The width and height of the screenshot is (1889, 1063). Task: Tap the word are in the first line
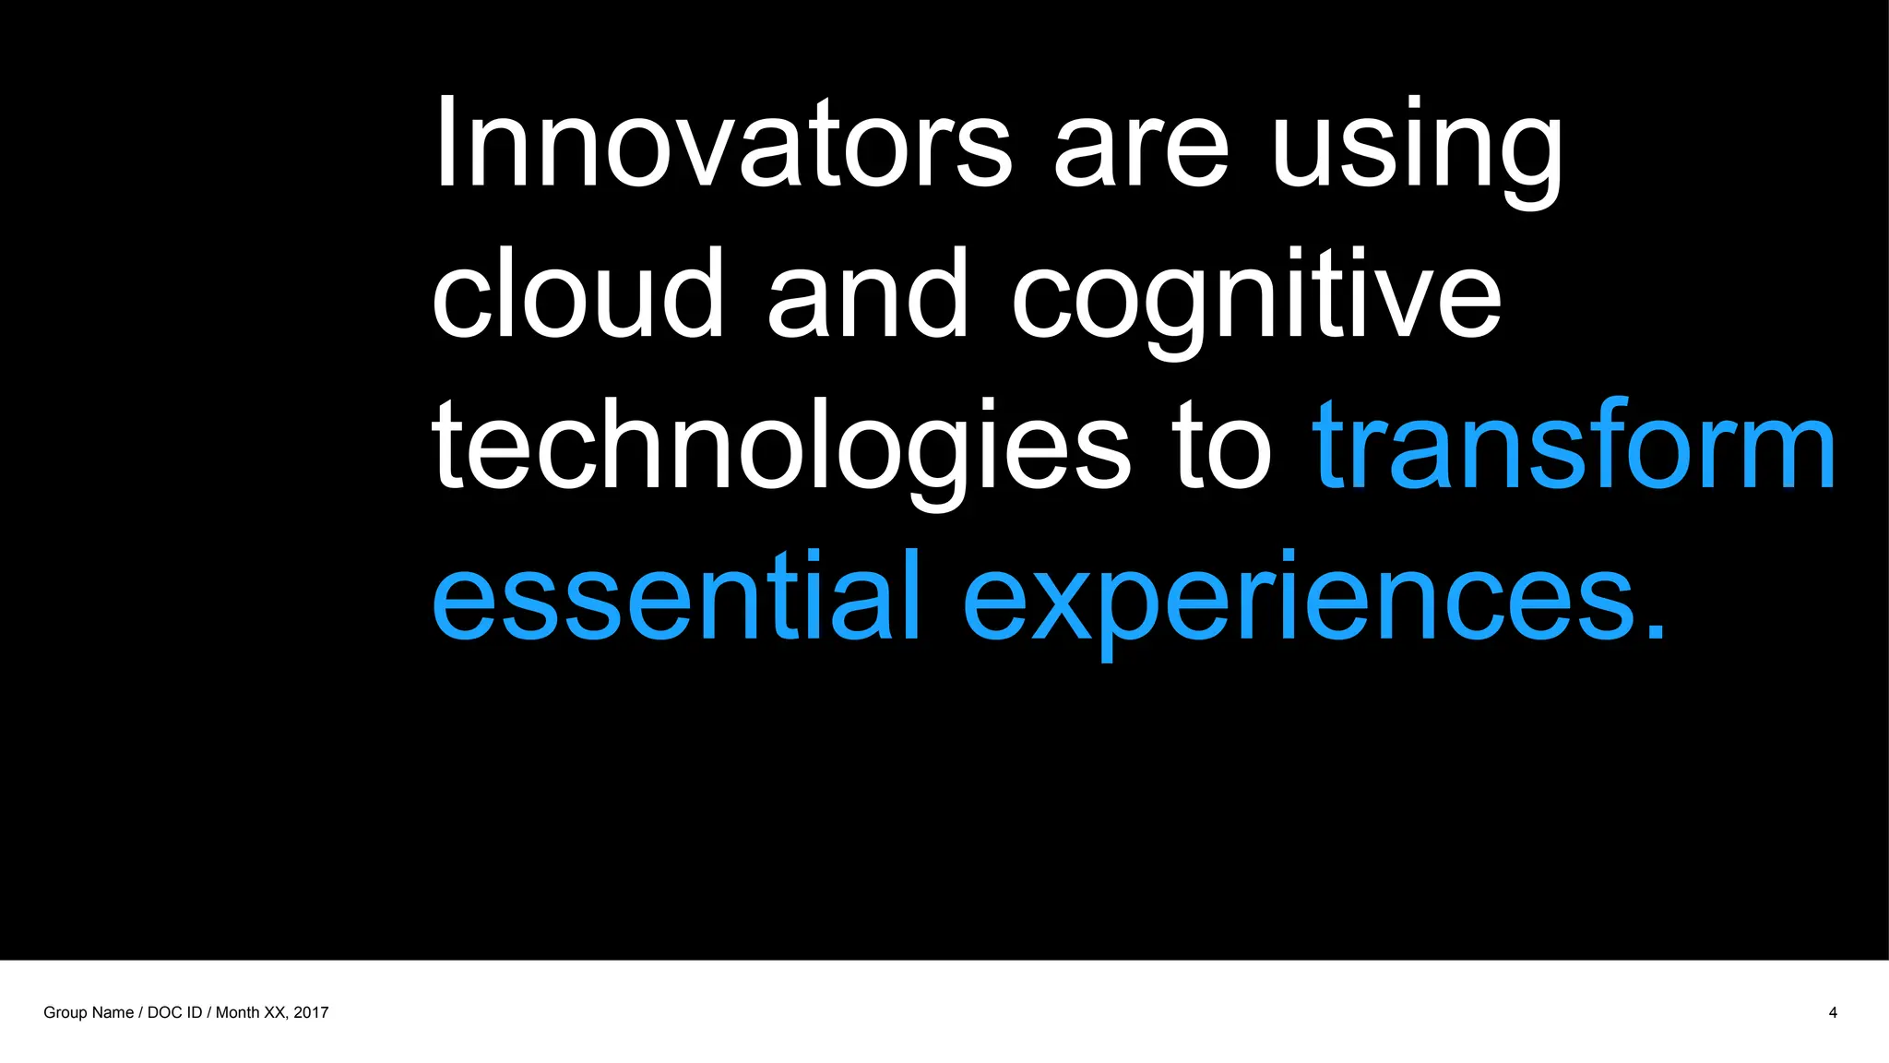tap(1141, 152)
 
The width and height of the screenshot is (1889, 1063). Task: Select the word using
tap(1417, 152)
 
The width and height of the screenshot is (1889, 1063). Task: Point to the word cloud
tap(577, 294)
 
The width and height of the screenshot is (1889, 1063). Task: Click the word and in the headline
tap(868, 294)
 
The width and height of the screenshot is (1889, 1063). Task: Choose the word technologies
tap(780, 448)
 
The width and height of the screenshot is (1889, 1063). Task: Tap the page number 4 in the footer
tap(1833, 1012)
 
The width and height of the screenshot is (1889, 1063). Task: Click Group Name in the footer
tap(89, 1012)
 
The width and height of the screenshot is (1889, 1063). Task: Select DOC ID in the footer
tap(174, 1012)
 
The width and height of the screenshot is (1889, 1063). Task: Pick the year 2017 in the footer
tap(311, 1012)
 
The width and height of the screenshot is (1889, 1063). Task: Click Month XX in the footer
tap(250, 1012)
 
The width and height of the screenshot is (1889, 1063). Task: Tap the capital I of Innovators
tap(446, 143)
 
